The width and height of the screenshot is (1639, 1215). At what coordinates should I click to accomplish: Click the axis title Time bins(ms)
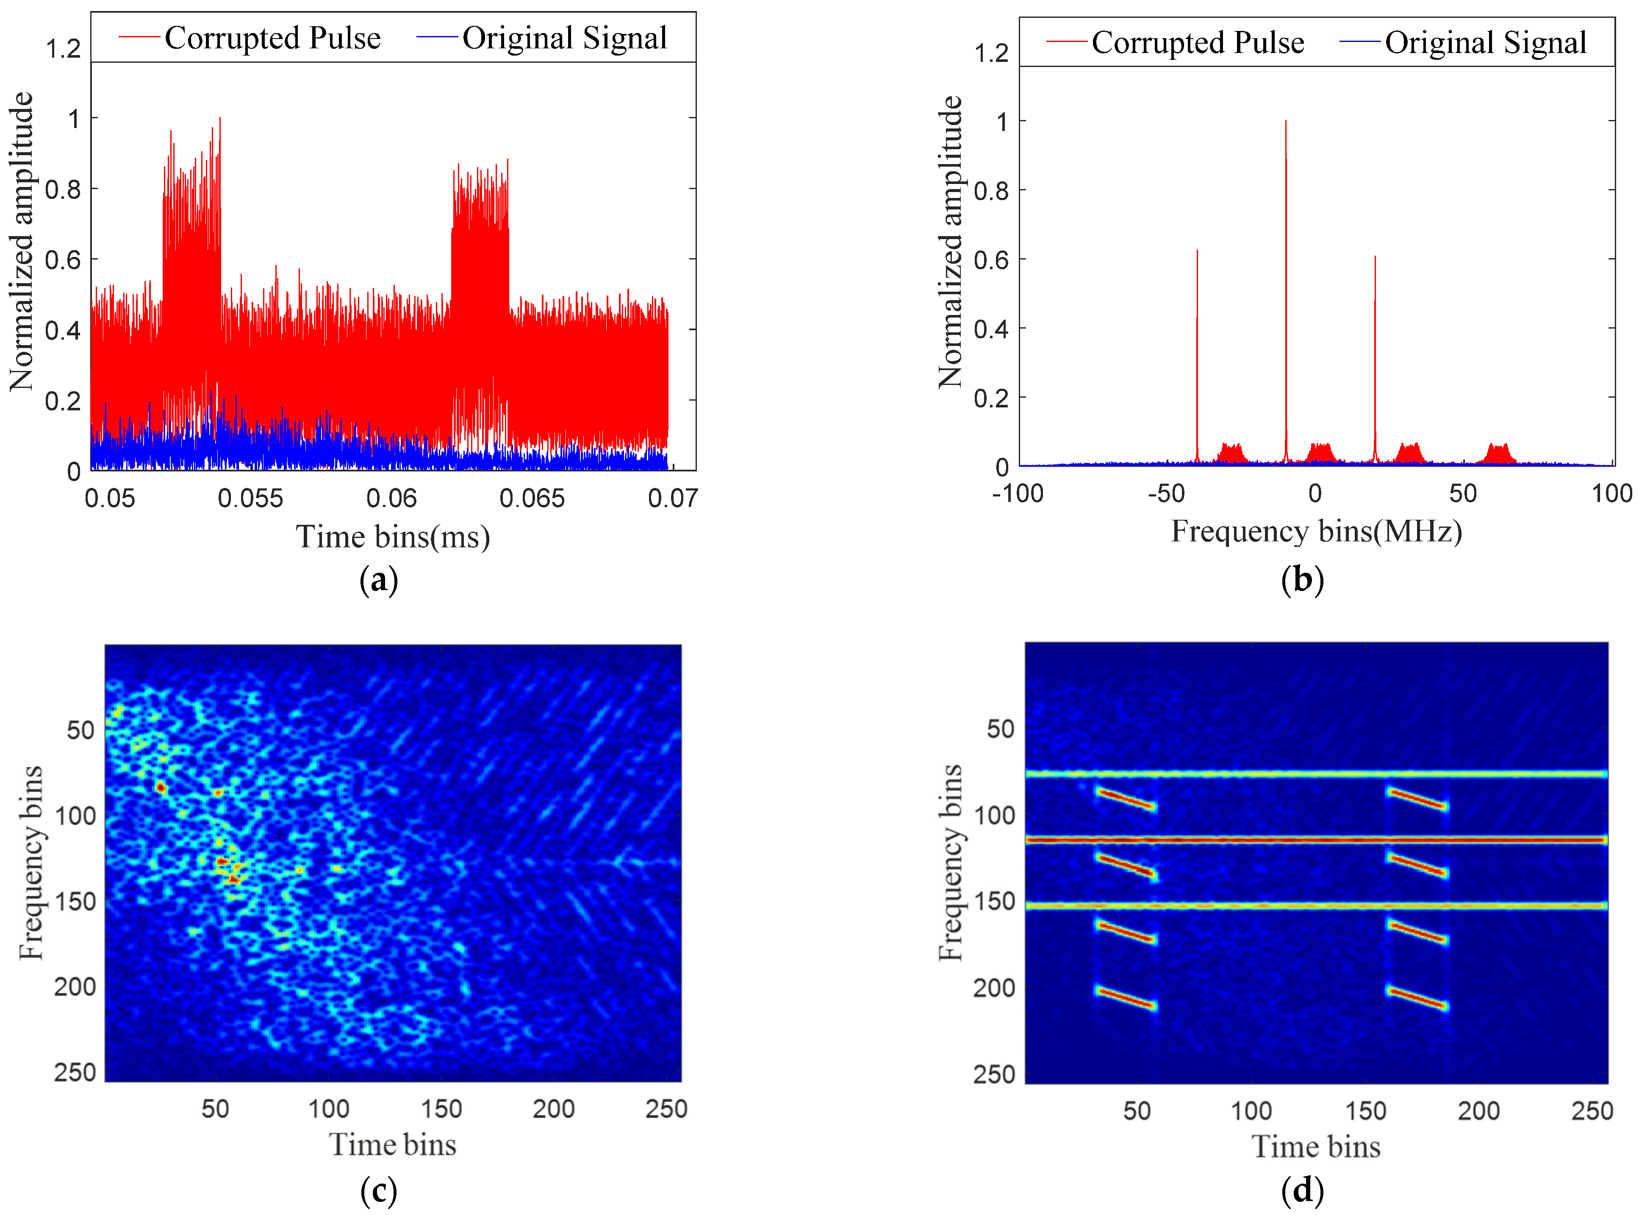pos(392,537)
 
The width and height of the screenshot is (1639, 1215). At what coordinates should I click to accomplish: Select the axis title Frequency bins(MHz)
pos(1316,532)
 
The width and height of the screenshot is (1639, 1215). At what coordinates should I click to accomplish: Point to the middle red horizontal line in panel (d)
pos(1316,839)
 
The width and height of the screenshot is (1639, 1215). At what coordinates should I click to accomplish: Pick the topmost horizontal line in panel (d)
pos(1316,774)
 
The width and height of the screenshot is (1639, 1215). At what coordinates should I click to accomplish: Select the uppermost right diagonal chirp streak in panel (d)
pos(1417,799)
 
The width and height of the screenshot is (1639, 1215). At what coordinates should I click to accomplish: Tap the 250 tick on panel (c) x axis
pos(666,1108)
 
